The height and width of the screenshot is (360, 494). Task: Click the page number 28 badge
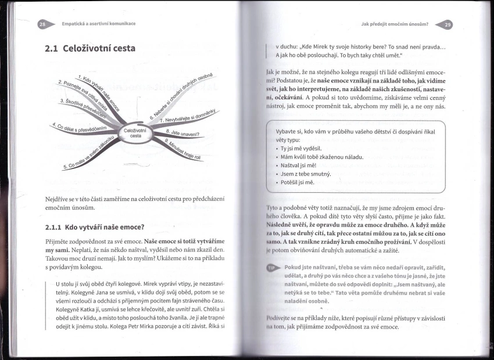click(42, 24)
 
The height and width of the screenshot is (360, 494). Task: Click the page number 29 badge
click(447, 24)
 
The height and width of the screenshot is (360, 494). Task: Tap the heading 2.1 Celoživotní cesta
click(90, 48)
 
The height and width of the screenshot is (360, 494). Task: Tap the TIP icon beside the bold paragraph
click(271, 268)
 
